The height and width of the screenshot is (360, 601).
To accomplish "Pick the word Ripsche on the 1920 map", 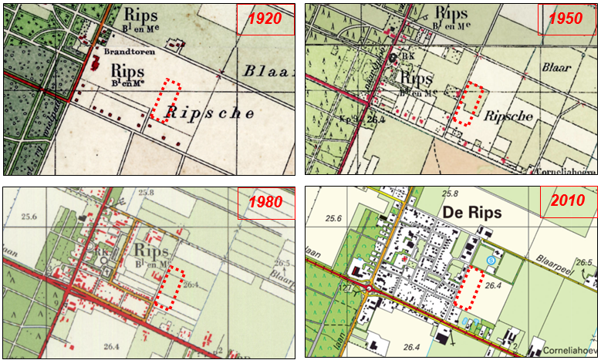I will (211, 114).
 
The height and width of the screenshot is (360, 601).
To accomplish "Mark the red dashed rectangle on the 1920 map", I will (165, 101).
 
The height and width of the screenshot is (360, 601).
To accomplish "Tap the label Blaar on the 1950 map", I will (556, 68).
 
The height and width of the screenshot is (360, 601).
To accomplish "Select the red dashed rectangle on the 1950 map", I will (468, 105).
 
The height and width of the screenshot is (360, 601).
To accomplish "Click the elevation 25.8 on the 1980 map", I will (147, 193).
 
